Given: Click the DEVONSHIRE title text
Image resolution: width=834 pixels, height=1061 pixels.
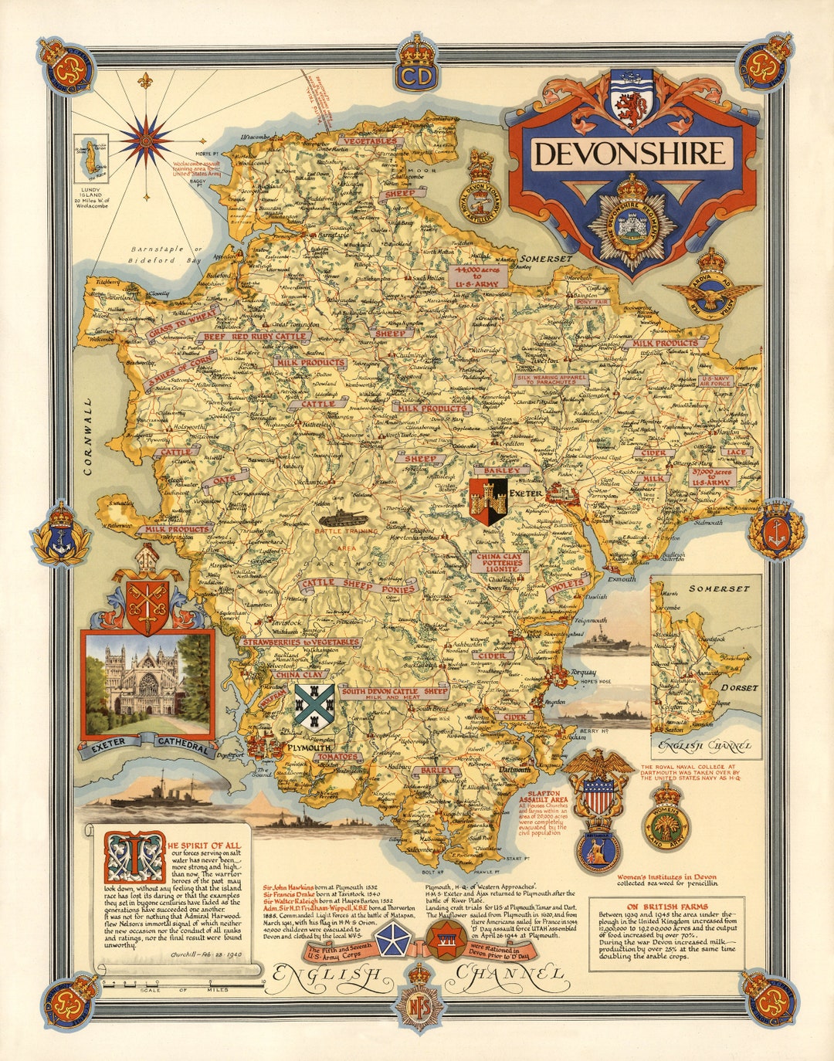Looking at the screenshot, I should [630, 153].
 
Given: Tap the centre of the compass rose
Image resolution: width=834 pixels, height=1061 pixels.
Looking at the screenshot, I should [145, 139].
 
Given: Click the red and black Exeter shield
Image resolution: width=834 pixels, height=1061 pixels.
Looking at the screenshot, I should [488, 500].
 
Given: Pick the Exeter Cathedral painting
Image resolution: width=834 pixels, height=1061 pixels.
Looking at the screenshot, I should [147, 684].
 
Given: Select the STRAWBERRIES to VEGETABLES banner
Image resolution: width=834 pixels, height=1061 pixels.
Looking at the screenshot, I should [300, 642].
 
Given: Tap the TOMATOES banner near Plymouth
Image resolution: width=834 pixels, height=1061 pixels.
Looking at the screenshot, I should [337, 757].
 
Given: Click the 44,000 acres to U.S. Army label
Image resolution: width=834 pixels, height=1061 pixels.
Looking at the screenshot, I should [479, 277].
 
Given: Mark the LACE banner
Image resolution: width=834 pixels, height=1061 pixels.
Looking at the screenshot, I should [737, 453].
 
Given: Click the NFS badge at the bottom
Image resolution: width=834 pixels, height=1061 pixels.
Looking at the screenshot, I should [417, 1003].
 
